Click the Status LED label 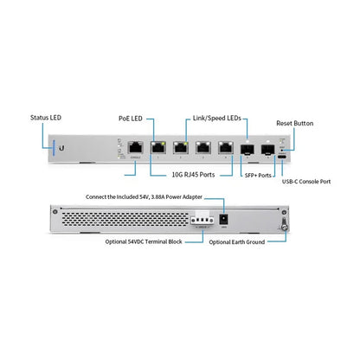point(47,118)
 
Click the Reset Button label point(295,124)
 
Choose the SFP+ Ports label point(259,174)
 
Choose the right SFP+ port point(267,148)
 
